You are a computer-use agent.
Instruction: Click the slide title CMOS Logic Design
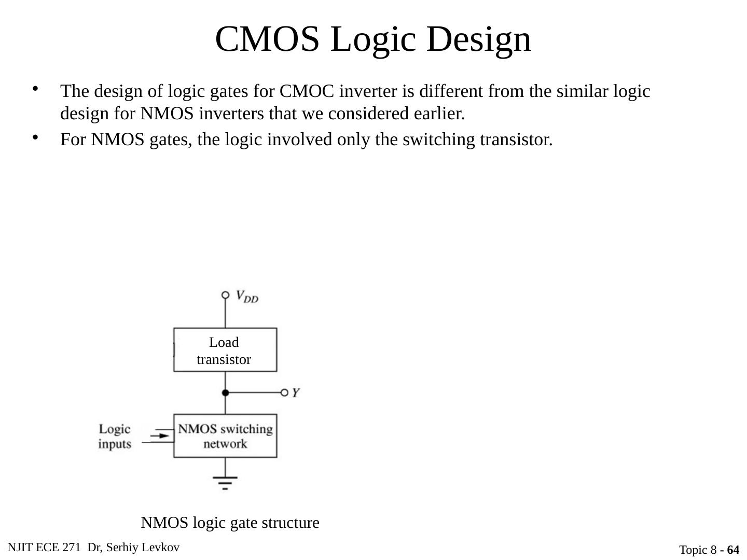tap(373, 39)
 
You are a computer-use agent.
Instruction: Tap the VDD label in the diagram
tap(247, 296)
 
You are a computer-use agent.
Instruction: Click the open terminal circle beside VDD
tap(225, 295)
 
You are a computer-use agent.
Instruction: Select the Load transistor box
tap(225, 350)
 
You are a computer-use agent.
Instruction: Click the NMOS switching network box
tap(225, 436)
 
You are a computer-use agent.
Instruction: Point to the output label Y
tap(295, 393)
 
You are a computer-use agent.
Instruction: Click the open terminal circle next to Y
tap(284, 393)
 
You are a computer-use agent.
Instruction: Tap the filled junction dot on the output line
tap(225, 393)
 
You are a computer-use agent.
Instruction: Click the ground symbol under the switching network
tap(225, 483)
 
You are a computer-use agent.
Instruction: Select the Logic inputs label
tap(115, 437)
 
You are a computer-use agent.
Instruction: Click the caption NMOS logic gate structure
tap(230, 523)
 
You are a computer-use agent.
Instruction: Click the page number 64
tap(733, 550)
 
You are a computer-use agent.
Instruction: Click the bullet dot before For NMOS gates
tap(35, 137)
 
